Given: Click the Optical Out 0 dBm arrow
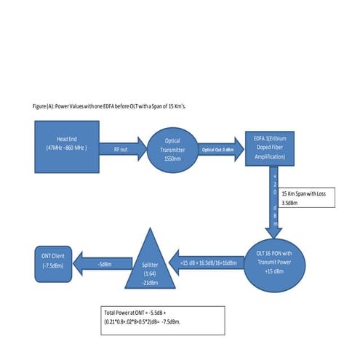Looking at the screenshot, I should [217, 148].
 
